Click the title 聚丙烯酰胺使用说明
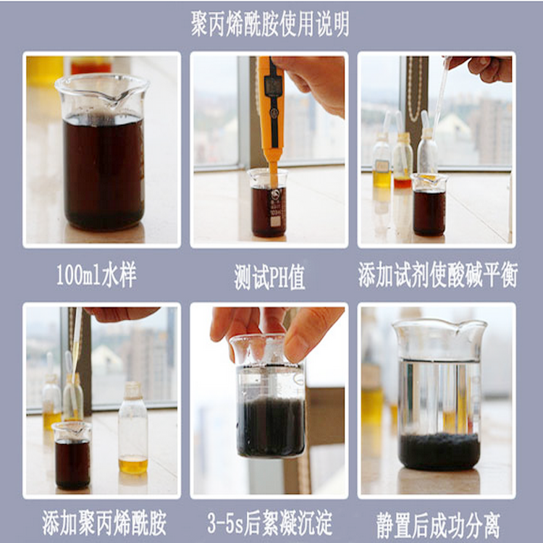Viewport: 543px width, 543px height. tap(270, 24)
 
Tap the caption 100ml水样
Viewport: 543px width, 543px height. tap(96, 275)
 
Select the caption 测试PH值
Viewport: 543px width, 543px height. tap(269, 277)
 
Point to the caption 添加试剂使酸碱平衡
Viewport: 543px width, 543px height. tap(438, 275)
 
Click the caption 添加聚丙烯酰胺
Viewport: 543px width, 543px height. tap(104, 523)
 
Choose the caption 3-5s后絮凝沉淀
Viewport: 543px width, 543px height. tap(270, 523)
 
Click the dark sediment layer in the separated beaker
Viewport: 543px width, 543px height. tap(439, 451)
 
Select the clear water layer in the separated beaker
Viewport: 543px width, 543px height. tap(439, 397)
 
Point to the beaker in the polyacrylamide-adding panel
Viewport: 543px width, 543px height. tap(72, 455)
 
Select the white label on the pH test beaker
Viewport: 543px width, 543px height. tap(276, 221)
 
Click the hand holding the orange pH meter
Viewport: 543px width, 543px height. tap(313, 83)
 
